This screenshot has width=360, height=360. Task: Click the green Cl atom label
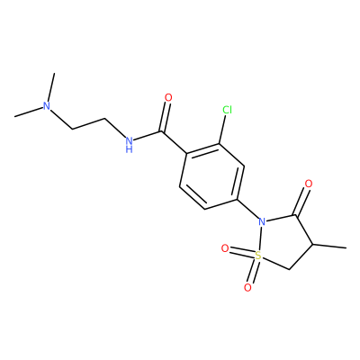click(x=228, y=111)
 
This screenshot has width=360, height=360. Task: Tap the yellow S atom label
click(x=257, y=256)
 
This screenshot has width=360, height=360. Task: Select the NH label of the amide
click(x=130, y=144)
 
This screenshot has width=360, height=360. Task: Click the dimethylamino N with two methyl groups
click(x=46, y=105)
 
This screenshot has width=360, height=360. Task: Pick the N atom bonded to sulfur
click(x=262, y=222)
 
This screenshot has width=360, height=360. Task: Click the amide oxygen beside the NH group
click(x=168, y=97)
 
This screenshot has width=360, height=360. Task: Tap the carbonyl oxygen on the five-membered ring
click(x=308, y=184)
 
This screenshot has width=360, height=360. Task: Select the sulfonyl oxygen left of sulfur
click(x=225, y=248)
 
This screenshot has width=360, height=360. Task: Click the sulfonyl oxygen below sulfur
click(x=247, y=288)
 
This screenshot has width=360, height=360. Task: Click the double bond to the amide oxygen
click(x=166, y=117)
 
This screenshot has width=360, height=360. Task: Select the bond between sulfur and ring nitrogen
click(x=260, y=239)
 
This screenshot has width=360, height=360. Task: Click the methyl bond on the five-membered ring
click(x=329, y=247)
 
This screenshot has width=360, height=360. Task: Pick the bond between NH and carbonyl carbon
click(x=148, y=136)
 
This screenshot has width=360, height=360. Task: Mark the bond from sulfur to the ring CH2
click(x=274, y=263)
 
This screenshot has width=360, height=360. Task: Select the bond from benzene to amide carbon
click(x=175, y=142)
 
